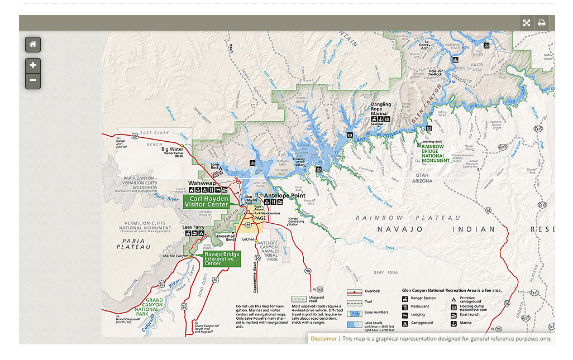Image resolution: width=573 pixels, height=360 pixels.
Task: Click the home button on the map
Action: point(33,45)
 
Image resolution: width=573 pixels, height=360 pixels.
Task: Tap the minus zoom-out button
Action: point(33,81)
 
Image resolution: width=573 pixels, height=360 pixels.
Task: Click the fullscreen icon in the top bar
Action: point(526,23)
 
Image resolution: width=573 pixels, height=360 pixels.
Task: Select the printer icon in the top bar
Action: point(541,23)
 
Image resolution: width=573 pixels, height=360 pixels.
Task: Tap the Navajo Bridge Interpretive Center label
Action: point(218,258)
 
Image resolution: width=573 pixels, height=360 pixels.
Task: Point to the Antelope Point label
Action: point(285,195)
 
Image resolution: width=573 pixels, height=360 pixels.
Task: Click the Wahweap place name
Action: point(202,183)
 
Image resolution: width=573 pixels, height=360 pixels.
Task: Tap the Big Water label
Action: point(172,149)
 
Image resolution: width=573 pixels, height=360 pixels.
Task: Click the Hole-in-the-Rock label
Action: point(435,73)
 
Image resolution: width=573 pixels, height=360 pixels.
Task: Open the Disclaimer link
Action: point(323,338)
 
